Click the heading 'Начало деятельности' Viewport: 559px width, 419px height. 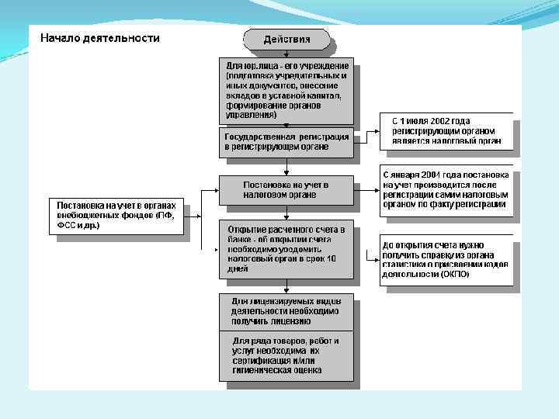pyautogui.click(x=100, y=38)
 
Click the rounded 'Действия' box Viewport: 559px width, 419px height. pyautogui.click(x=286, y=39)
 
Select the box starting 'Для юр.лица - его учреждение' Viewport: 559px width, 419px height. pyautogui.click(x=286, y=90)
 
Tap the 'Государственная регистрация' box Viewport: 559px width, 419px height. pyautogui.click(x=286, y=141)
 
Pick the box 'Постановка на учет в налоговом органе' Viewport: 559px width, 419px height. pyautogui.click(x=286, y=190)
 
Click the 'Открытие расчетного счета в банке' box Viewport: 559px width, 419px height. pyautogui.click(x=286, y=249)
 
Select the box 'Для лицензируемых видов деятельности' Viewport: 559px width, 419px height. pyautogui.click(x=286, y=310)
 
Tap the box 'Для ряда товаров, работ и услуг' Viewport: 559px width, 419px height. pyautogui.click(x=286, y=355)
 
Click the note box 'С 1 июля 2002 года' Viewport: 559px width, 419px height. pyautogui.click(x=446, y=132)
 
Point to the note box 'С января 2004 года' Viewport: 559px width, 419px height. pyautogui.click(x=446, y=191)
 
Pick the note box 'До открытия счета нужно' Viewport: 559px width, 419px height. pyautogui.click(x=446, y=259)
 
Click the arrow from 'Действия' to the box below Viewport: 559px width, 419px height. pyautogui.click(x=286, y=53)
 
